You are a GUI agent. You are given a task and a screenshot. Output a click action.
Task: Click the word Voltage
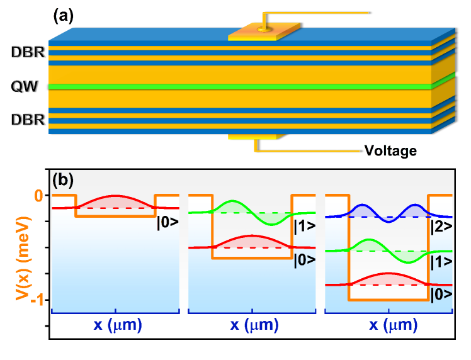pyautogui.click(x=390, y=150)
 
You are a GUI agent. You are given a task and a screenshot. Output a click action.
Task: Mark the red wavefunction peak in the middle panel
pyautogui.click(x=252, y=236)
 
